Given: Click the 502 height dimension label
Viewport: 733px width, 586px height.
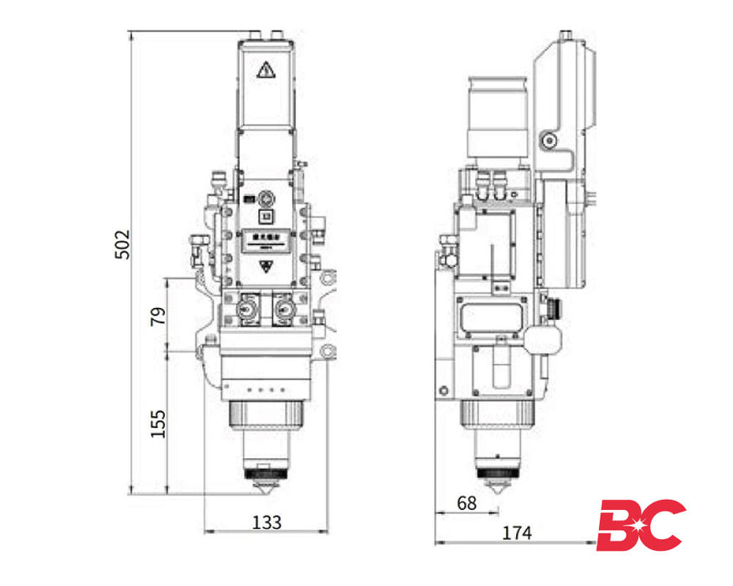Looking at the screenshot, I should tap(122, 244).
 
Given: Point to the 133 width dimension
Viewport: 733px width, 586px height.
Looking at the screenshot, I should tap(266, 522).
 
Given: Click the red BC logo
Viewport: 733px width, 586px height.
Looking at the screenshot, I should tap(640, 525).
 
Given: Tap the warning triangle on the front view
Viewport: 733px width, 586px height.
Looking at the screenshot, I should tap(266, 70).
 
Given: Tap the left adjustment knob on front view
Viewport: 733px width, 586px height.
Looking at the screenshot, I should tap(246, 309).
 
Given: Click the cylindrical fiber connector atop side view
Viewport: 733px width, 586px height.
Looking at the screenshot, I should tap(496, 117).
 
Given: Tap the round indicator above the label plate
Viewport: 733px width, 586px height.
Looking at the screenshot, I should tap(266, 198).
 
